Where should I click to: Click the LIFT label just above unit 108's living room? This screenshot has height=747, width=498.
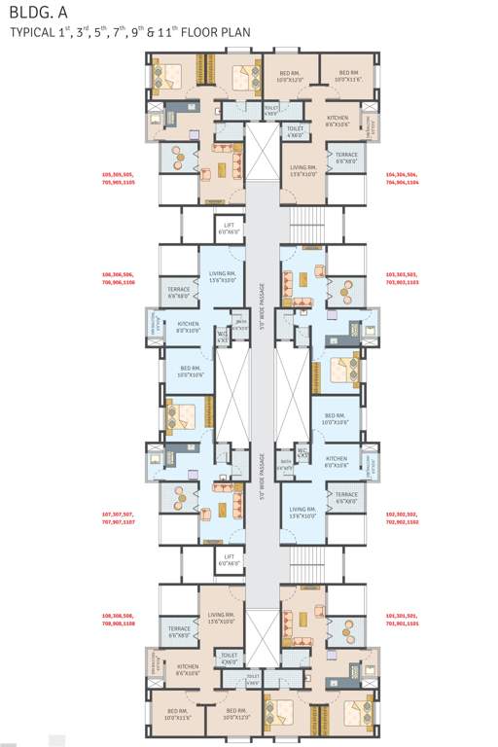[230, 560]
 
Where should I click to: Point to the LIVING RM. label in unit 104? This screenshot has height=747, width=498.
[303, 170]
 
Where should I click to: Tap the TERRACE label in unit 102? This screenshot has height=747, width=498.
[346, 497]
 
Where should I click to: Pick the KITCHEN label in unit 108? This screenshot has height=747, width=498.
[188, 670]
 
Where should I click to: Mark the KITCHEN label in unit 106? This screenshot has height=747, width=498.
[188, 326]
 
